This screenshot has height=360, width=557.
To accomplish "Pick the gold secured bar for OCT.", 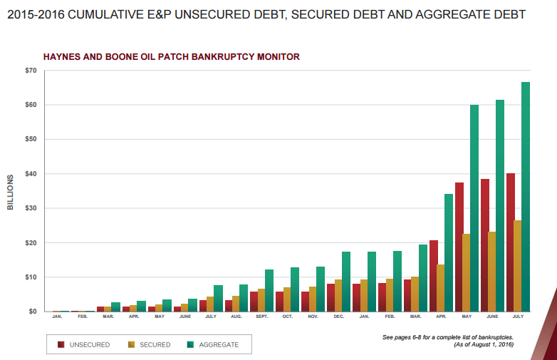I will pyautogui.click(x=287, y=299).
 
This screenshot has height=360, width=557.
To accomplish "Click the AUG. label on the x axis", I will pyautogui.click(x=236, y=317).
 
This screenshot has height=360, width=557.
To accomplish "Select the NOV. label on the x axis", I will pyautogui.click(x=313, y=317).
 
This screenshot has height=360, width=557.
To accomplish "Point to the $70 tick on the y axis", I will pyautogui.click(x=30, y=71).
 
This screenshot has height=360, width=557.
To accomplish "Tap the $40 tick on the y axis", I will pyautogui.click(x=30, y=174).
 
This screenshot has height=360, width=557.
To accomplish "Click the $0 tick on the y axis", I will pyautogui.click(x=32, y=312).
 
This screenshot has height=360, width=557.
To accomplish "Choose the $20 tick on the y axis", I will pyautogui.click(x=30, y=242).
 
